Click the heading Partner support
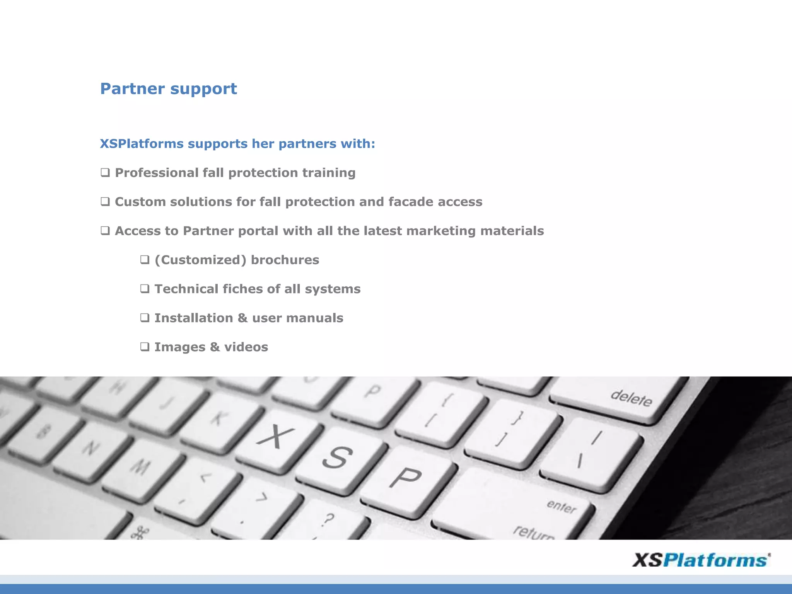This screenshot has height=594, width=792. click(168, 89)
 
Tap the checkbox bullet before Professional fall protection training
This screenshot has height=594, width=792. click(105, 172)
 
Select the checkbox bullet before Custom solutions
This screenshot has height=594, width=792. click(105, 201)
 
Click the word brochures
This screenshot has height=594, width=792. click(285, 260)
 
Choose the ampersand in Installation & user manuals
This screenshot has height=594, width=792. click(242, 318)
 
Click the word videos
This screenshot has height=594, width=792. click(246, 347)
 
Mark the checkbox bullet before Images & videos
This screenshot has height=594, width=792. click(145, 346)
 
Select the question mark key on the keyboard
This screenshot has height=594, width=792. click(327, 520)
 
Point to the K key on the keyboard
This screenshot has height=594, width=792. click(218, 418)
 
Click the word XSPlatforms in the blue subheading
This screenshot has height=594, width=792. click(142, 144)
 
